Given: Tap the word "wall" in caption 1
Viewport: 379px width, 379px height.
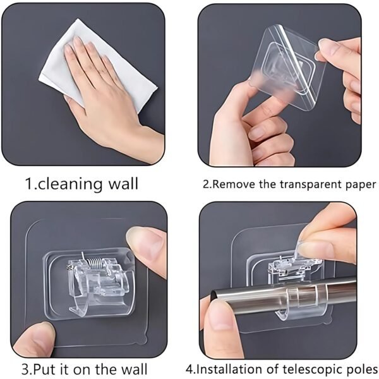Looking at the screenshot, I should coord(123,184).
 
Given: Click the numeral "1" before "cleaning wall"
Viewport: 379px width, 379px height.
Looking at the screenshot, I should coord(29,184).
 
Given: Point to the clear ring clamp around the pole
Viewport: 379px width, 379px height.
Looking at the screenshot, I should coord(297,294).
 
